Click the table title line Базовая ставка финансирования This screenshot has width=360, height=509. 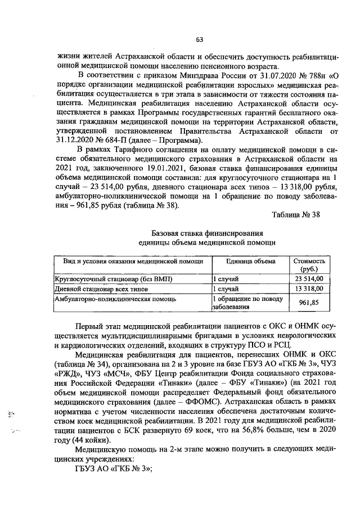coord(207,233)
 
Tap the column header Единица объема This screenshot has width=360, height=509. coord(250,262)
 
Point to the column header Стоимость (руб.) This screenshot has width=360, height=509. coord(309,265)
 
